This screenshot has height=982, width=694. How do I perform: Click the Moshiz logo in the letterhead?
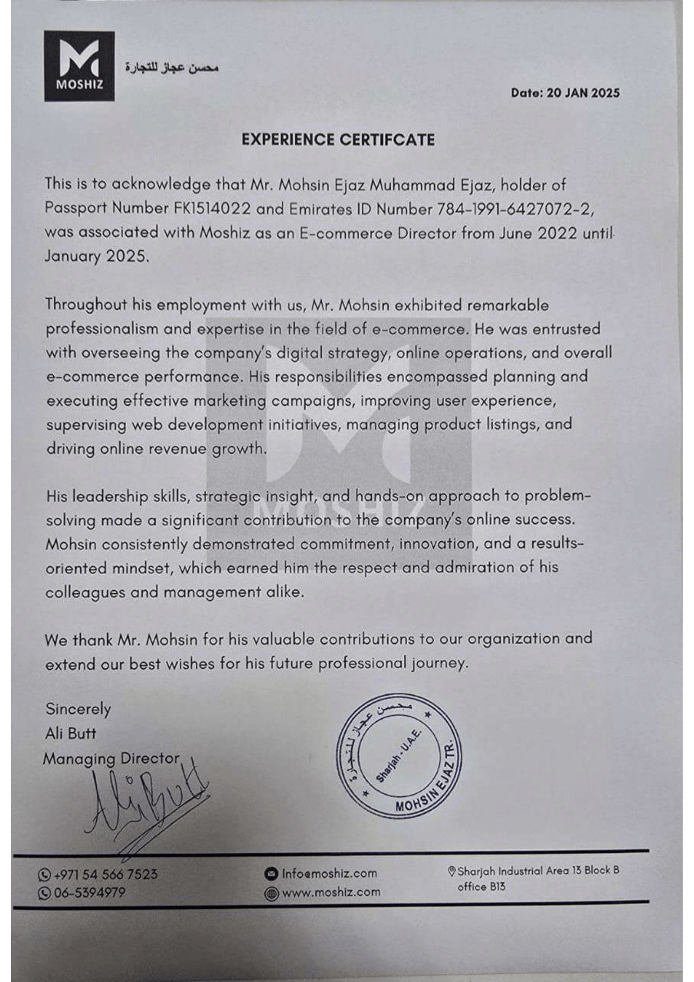point(79,66)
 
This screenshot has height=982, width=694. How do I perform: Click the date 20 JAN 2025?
point(565,93)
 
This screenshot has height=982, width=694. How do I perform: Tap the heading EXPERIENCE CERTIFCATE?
point(338,140)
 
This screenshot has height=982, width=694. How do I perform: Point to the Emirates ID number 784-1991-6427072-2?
point(514,210)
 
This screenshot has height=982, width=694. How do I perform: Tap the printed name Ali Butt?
point(70,734)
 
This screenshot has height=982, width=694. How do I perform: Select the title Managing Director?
point(111,759)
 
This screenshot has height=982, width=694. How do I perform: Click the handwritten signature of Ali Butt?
point(143,802)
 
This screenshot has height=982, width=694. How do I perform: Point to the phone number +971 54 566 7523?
point(105,874)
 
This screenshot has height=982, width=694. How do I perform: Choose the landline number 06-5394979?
point(89,893)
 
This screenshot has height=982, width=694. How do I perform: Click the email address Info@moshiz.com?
point(329,874)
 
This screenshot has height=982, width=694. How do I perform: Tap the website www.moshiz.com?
point(331,893)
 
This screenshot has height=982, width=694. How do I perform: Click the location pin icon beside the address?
point(451,871)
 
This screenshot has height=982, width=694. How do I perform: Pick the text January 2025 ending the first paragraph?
point(96,256)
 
